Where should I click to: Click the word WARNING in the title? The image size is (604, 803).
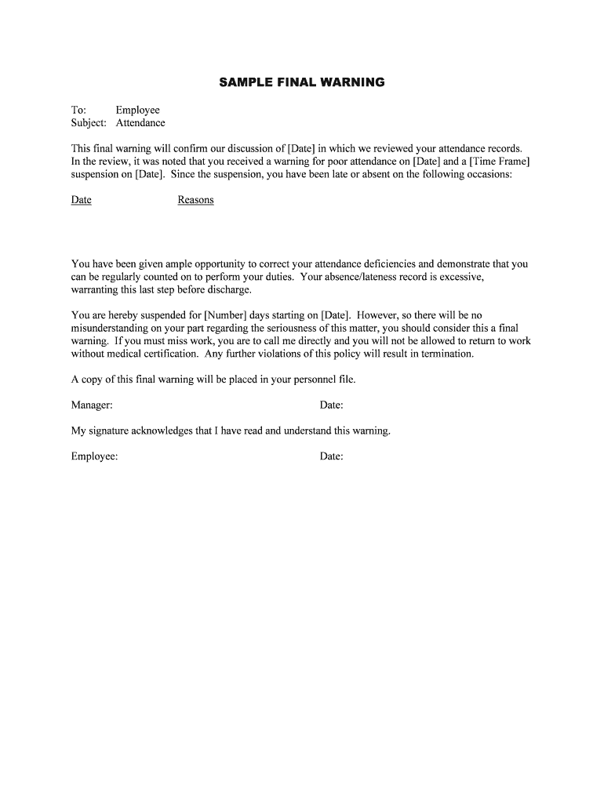(x=351, y=82)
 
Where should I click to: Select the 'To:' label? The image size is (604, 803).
(x=78, y=111)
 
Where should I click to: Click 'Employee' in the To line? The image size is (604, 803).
(x=137, y=111)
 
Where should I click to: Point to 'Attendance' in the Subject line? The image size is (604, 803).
(x=140, y=123)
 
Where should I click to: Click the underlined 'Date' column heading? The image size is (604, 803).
(x=82, y=200)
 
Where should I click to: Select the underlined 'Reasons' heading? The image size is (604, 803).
(x=195, y=200)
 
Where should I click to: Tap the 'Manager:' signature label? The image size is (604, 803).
(x=92, y=405)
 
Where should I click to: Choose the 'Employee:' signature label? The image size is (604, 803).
(x=94, y=456)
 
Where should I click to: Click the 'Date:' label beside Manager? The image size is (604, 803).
(x=331, y=405)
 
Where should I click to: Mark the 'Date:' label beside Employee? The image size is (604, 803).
(x=331, y=456)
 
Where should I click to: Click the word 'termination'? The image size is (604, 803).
(x=446, y=354)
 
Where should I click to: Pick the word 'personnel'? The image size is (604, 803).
(x=313, y=380)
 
